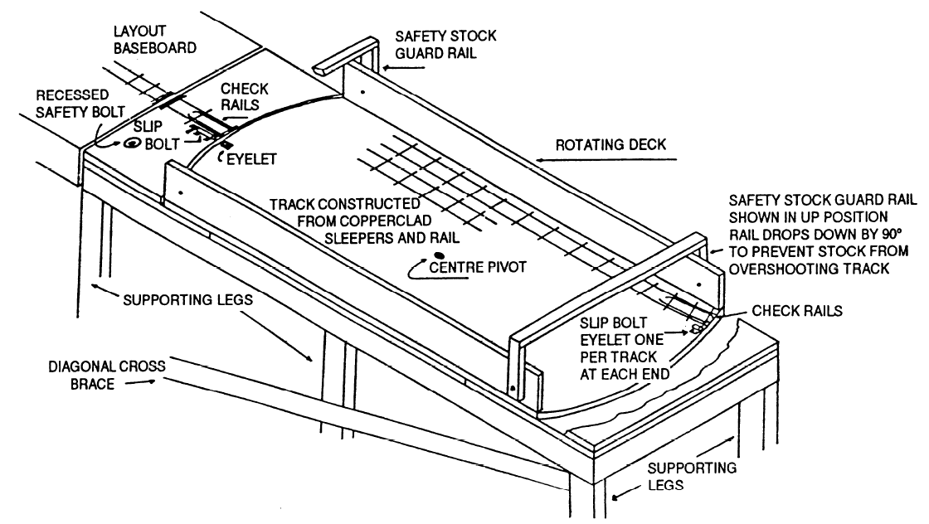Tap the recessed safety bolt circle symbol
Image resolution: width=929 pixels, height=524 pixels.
pos(131,144)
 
